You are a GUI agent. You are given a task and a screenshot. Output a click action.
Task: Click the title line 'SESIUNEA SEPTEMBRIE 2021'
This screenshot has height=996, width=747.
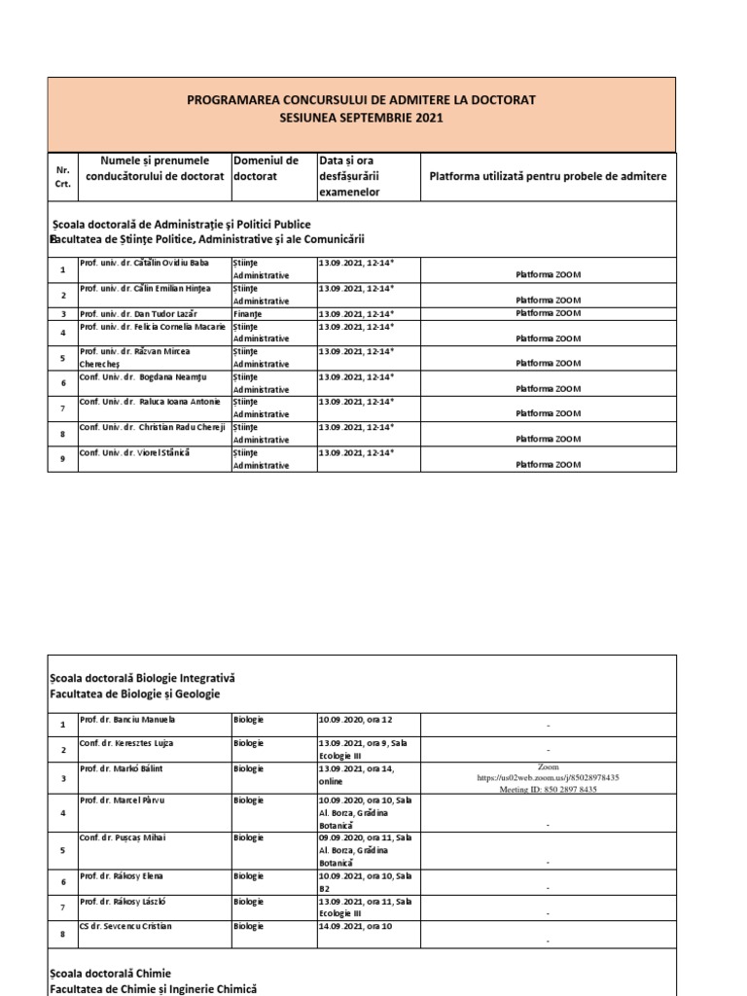362,118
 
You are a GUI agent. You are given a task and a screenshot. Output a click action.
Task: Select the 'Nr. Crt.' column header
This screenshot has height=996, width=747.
62,176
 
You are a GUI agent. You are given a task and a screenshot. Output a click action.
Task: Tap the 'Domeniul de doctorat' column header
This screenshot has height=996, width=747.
266,168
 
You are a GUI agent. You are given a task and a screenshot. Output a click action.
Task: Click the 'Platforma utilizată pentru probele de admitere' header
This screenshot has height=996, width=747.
549,175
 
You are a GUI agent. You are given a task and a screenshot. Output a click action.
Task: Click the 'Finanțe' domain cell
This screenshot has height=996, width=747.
246,314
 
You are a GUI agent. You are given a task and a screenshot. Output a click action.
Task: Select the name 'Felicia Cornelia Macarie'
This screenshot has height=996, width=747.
152,327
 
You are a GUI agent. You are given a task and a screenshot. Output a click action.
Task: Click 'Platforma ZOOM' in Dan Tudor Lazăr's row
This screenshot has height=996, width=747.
549,314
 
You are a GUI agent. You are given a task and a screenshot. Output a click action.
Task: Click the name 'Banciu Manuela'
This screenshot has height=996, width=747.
142,721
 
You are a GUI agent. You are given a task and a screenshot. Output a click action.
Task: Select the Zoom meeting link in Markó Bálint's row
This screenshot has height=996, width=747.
549,778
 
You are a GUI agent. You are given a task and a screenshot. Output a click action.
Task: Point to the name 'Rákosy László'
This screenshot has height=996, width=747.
141,902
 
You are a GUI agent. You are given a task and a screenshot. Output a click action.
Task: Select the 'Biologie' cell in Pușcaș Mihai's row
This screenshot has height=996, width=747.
248,837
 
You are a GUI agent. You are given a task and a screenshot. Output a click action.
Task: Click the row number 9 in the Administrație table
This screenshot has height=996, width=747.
62,459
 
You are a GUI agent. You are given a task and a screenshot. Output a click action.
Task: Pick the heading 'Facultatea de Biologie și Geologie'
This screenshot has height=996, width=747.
135,694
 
